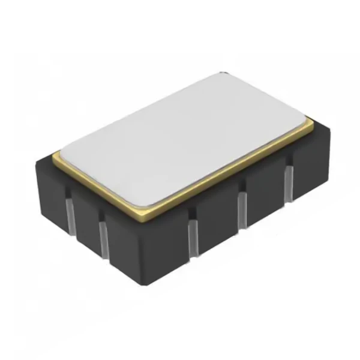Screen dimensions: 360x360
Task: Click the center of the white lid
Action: (186, 141)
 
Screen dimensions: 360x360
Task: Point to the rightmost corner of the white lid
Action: (309, 124)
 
